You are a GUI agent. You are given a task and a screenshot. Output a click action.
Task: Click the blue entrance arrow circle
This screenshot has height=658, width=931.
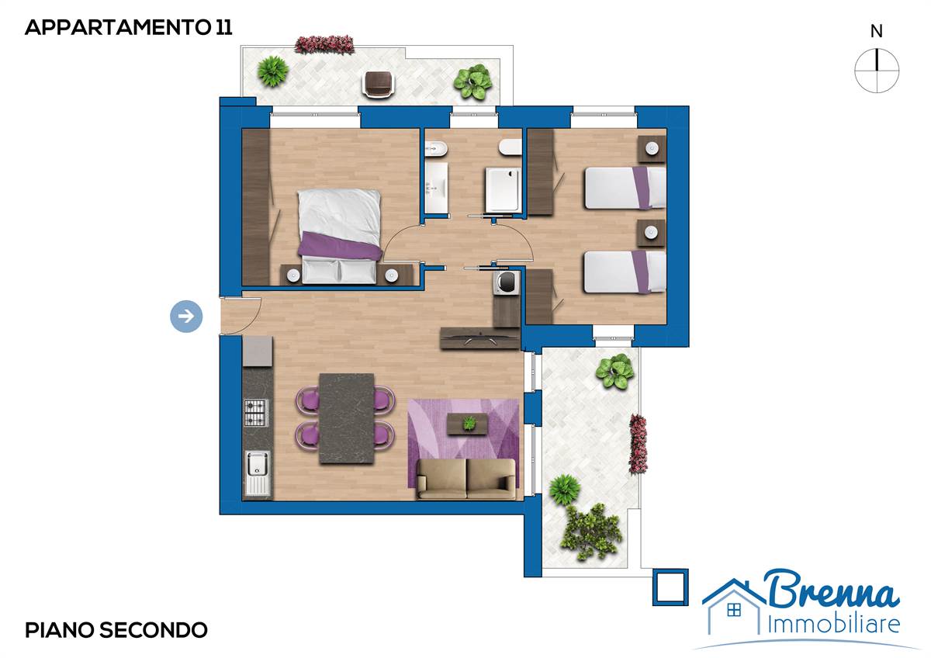tap(186, 317)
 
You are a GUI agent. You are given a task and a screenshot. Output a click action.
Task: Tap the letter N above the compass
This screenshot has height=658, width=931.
tap(877, 32)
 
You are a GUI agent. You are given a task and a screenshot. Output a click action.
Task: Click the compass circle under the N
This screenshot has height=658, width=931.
tap(877, 71)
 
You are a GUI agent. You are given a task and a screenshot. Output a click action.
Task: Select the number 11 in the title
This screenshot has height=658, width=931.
tap(223, 27)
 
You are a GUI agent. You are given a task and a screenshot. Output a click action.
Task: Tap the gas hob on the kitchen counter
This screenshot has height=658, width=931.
tap(255, 412)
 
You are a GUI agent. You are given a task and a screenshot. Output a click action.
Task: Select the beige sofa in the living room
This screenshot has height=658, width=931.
tap(466, 479)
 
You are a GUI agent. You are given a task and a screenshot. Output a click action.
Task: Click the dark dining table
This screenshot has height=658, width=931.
tap(347, 418)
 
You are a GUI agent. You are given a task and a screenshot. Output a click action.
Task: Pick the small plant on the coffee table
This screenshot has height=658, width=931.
tap(469, 423)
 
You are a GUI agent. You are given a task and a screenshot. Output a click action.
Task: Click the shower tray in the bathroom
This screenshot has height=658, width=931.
tap(503, 191)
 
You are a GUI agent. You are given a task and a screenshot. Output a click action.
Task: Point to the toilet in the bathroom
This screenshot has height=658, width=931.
tap(510, 147)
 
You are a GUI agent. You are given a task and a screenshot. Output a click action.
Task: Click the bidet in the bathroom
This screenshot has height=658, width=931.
tap(435, 147)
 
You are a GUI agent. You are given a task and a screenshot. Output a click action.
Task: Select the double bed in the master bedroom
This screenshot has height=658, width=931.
tap(340, 236)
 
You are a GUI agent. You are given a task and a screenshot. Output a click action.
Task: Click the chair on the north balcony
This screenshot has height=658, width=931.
tap(379, 84)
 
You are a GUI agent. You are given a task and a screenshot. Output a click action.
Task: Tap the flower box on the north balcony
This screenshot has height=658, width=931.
tap(324, 44)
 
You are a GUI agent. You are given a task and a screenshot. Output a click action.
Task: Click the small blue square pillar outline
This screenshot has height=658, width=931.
tap(670, 587)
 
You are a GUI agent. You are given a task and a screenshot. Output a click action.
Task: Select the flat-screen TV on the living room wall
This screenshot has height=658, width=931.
tap(480, 338)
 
